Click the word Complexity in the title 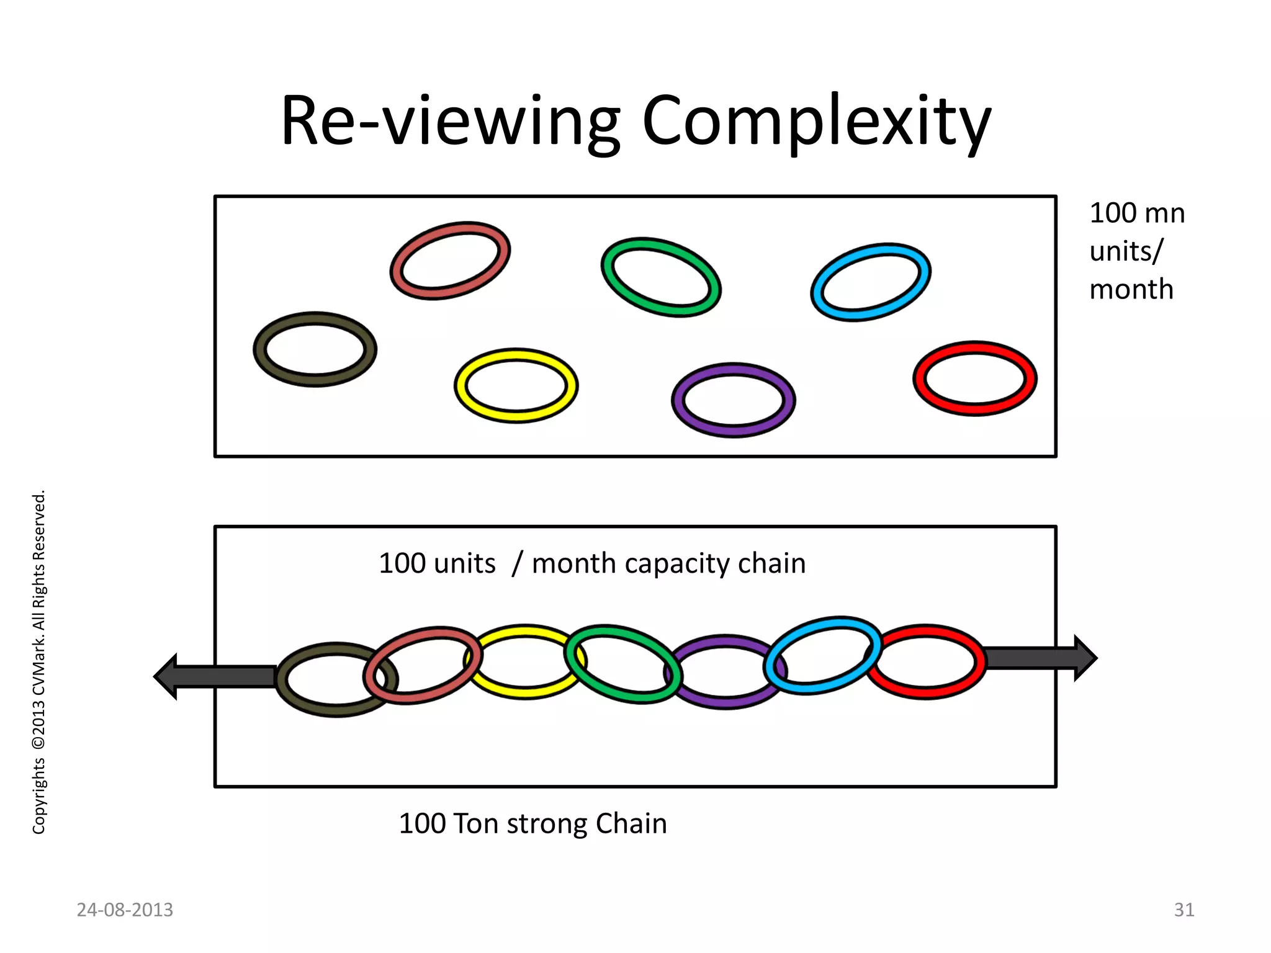[x=816, y=121]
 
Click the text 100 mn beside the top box [x=1137, y=213]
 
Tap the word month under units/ [x=1131, y=289]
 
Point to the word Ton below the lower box [x=476, y=823]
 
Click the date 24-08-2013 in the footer [x=125, y=910]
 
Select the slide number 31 [x=1183, y=910]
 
